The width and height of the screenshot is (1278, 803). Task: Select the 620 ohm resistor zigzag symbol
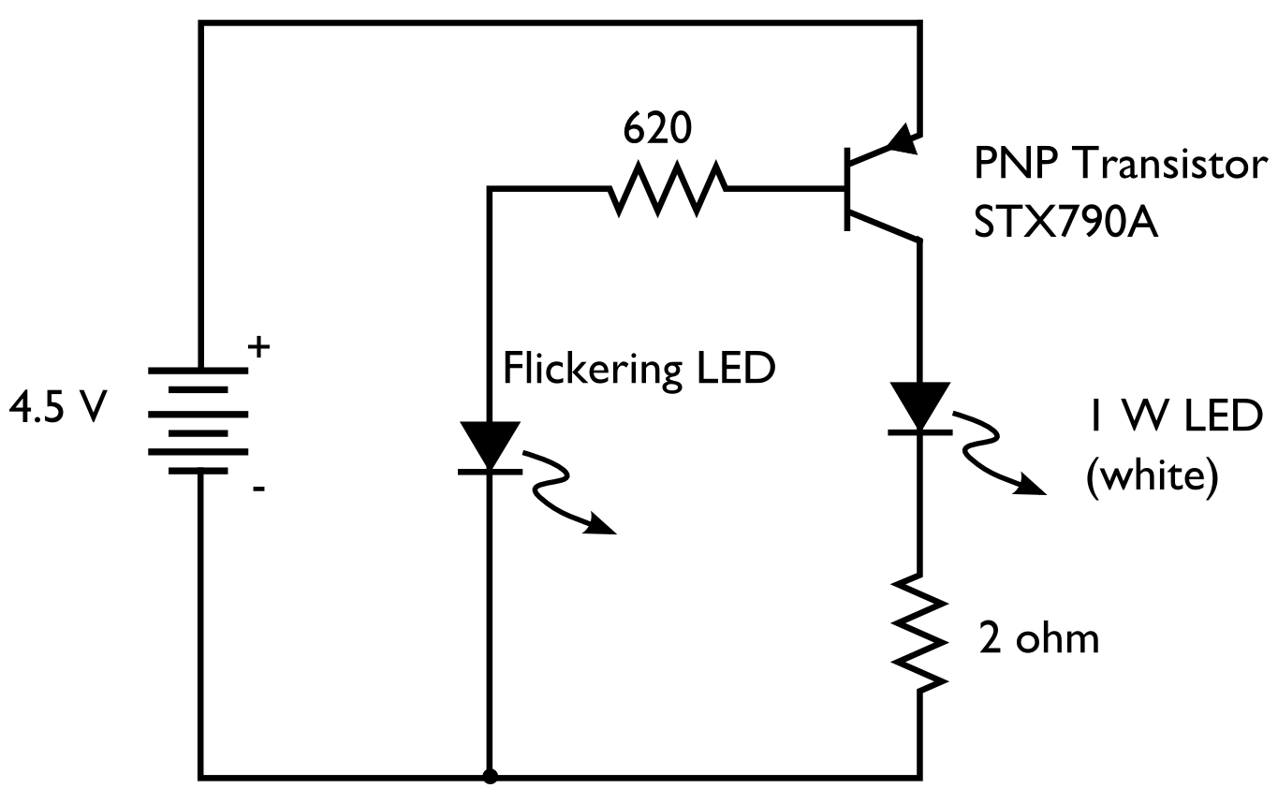coord(667,190)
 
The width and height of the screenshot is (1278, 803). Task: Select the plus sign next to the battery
coord(258,348)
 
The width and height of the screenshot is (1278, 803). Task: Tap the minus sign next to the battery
coord(259,489)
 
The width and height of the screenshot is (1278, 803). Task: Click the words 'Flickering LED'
coord(639,369)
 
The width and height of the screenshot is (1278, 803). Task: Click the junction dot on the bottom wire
coord(488,776)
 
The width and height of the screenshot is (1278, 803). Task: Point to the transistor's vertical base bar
coord(845,189)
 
